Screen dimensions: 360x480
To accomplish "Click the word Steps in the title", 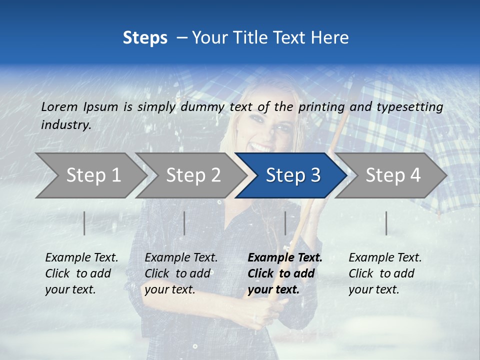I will click(x=145, y=38).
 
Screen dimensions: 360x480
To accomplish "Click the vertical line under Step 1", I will click(x=84, y=223).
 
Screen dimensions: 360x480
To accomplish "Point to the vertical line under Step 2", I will click(x=184, y=223).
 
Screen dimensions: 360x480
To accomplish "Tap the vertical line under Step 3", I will click(x=285, y=223).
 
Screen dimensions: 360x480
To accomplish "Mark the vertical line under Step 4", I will click(x=386, y=223).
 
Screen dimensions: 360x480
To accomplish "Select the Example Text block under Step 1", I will click(x=81, y=273).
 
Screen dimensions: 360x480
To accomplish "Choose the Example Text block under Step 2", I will click(x=181, y=273).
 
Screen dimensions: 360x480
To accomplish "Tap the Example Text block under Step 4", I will click(x=385, y=273).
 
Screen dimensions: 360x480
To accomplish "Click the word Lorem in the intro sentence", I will click(x=59, y=106).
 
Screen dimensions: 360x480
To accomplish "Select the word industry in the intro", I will click(x=65, y=125).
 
